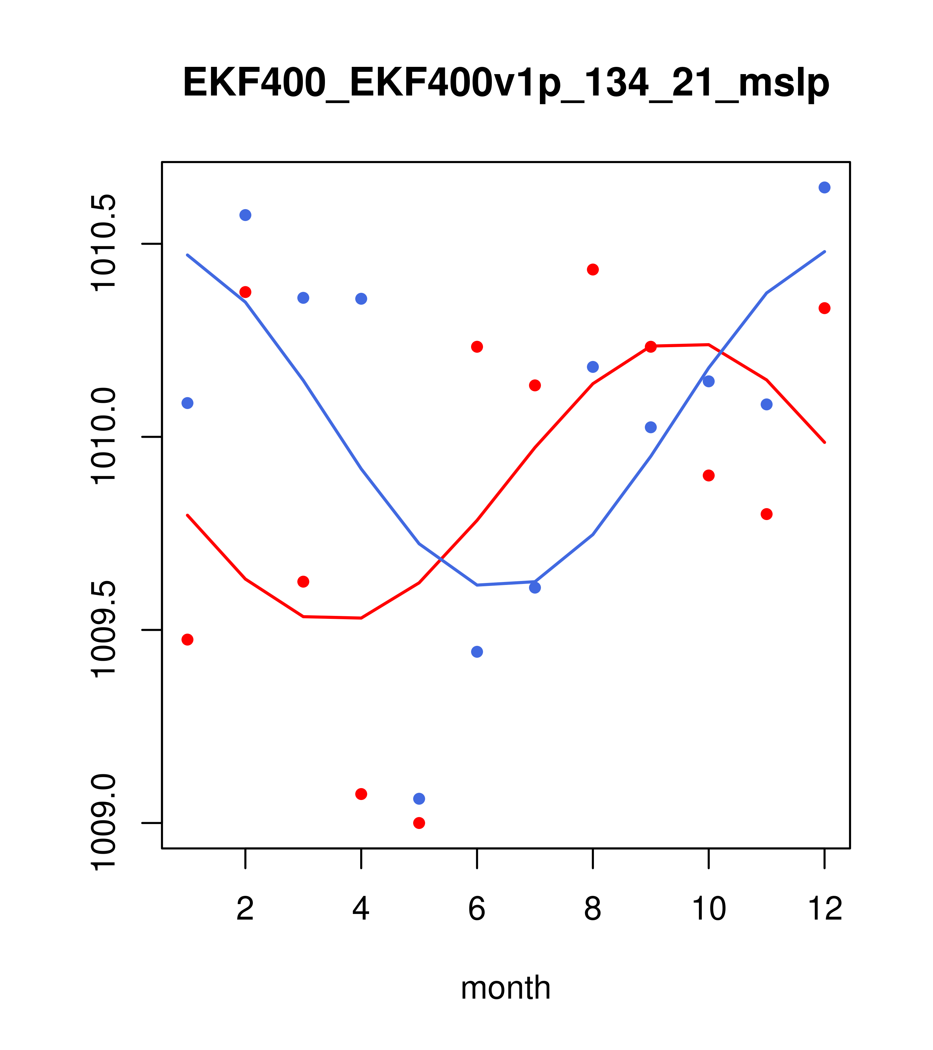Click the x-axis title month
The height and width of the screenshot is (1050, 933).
[506, 987]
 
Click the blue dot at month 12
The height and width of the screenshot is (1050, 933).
[825, 187]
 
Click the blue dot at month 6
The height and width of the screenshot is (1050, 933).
[477, 652]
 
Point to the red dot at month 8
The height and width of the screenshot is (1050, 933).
[593, 270]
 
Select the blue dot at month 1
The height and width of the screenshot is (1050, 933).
[187, 403]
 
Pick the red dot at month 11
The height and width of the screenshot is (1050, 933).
[767, 514]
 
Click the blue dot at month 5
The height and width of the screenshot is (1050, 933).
[419, 799]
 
